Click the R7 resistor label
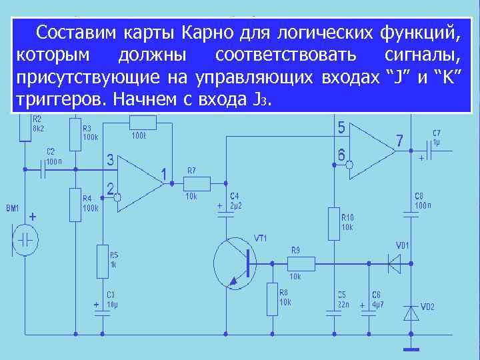[x=192, y=171]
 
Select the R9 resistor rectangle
[x=294, y=263]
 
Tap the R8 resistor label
[x=285, y=292]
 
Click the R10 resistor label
[x=347, y=217]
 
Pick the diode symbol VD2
[x=409, y=311]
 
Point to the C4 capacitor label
[x=235, y=195]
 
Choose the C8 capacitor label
[x=419, y=195]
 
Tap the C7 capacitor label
[x=437, y=133]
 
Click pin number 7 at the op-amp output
[x=399, y=141]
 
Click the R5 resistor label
[x=115, y=255]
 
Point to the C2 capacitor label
[x=51, y=151]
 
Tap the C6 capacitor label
[x=377, y=294]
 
